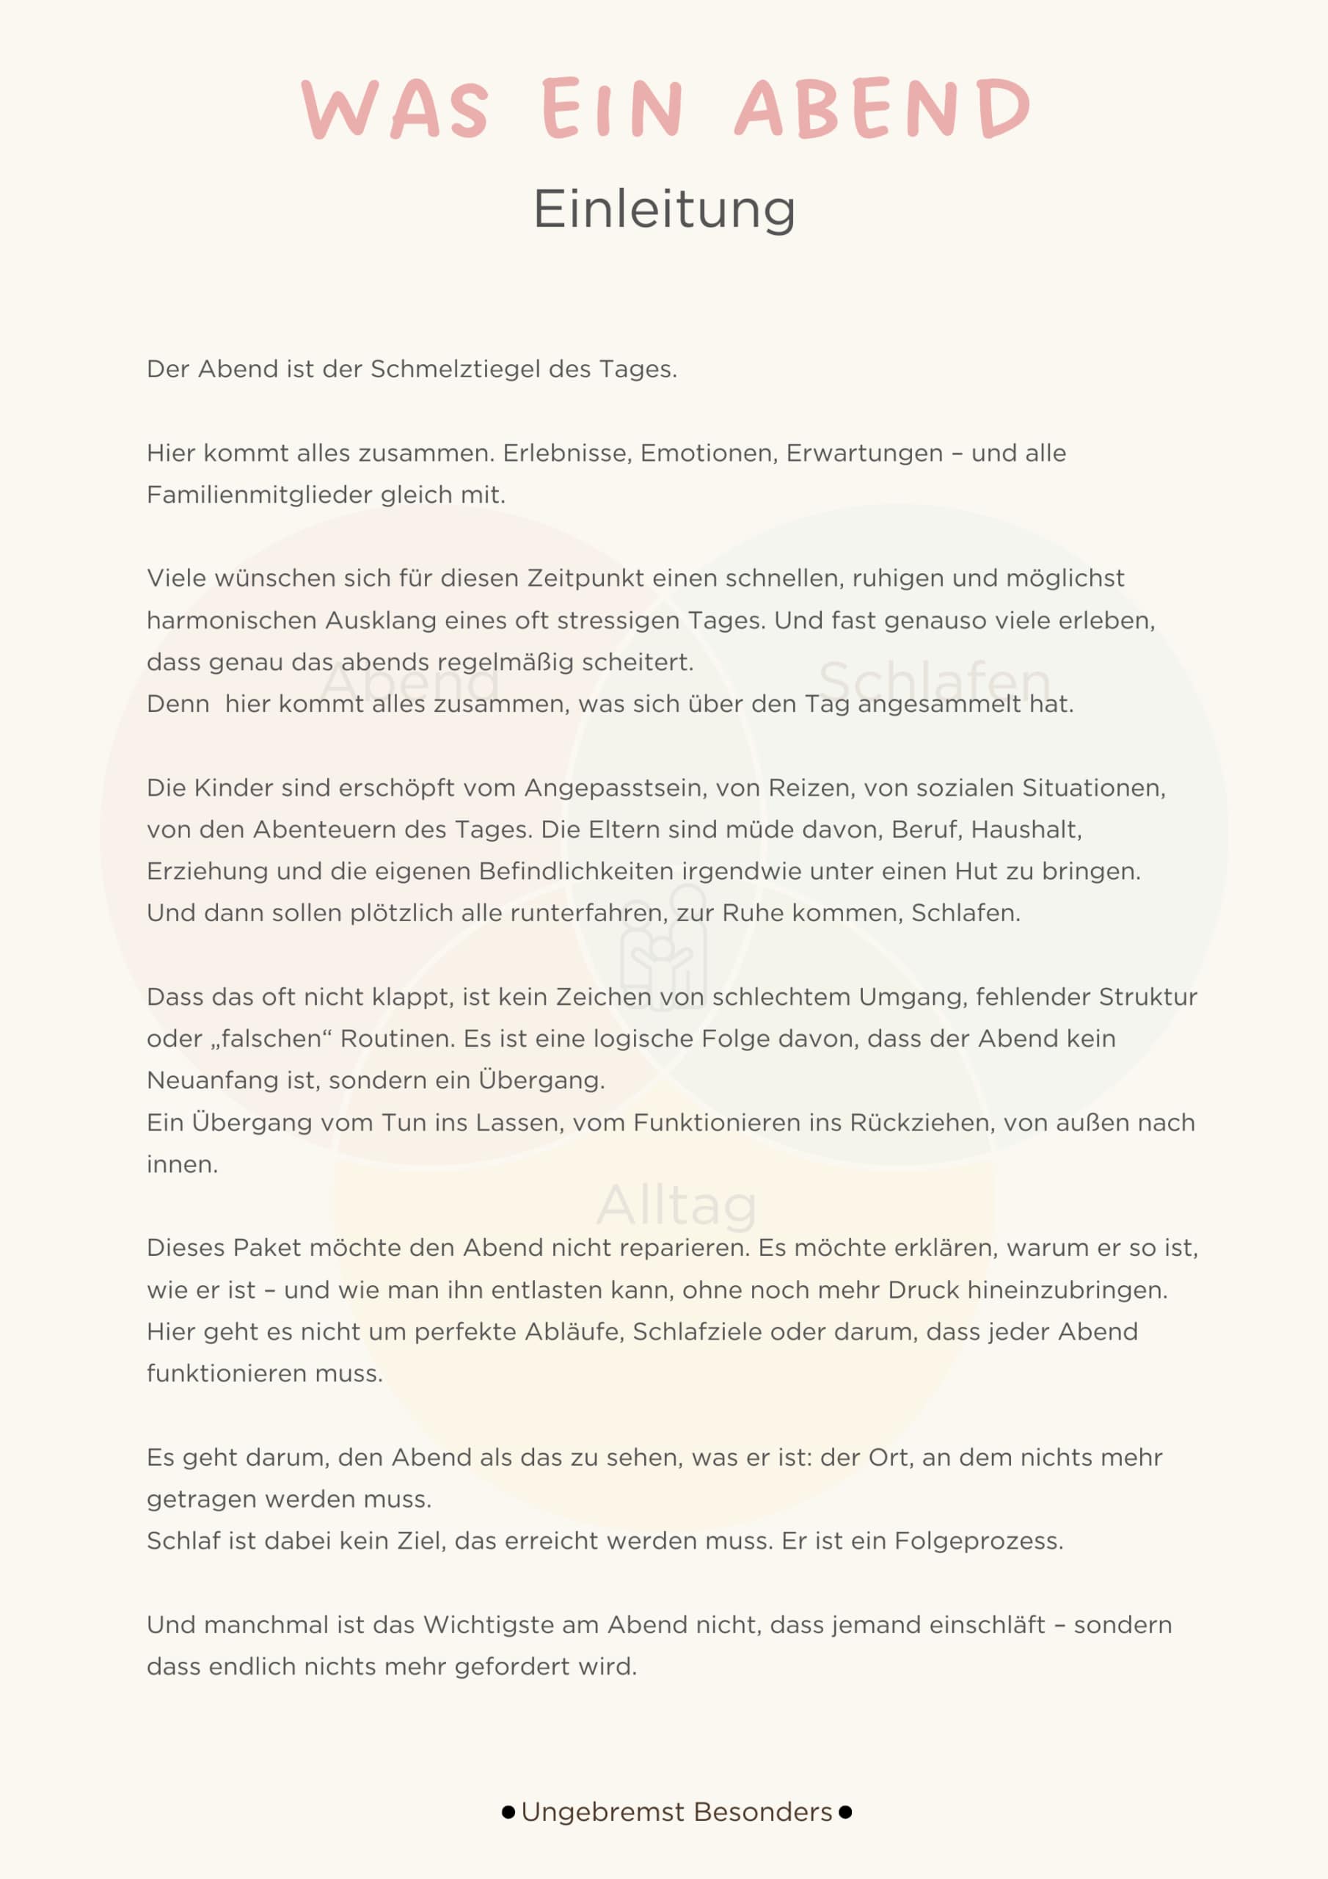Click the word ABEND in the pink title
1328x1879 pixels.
(x=882, y=108)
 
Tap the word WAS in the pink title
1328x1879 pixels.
(x=395, y=108)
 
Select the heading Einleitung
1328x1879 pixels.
(x=663, y=208)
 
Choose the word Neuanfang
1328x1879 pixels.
(x=212, y=1080)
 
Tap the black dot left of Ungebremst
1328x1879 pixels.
(x=508, y=1812)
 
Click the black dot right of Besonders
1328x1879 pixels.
(x=845, y=1812)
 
